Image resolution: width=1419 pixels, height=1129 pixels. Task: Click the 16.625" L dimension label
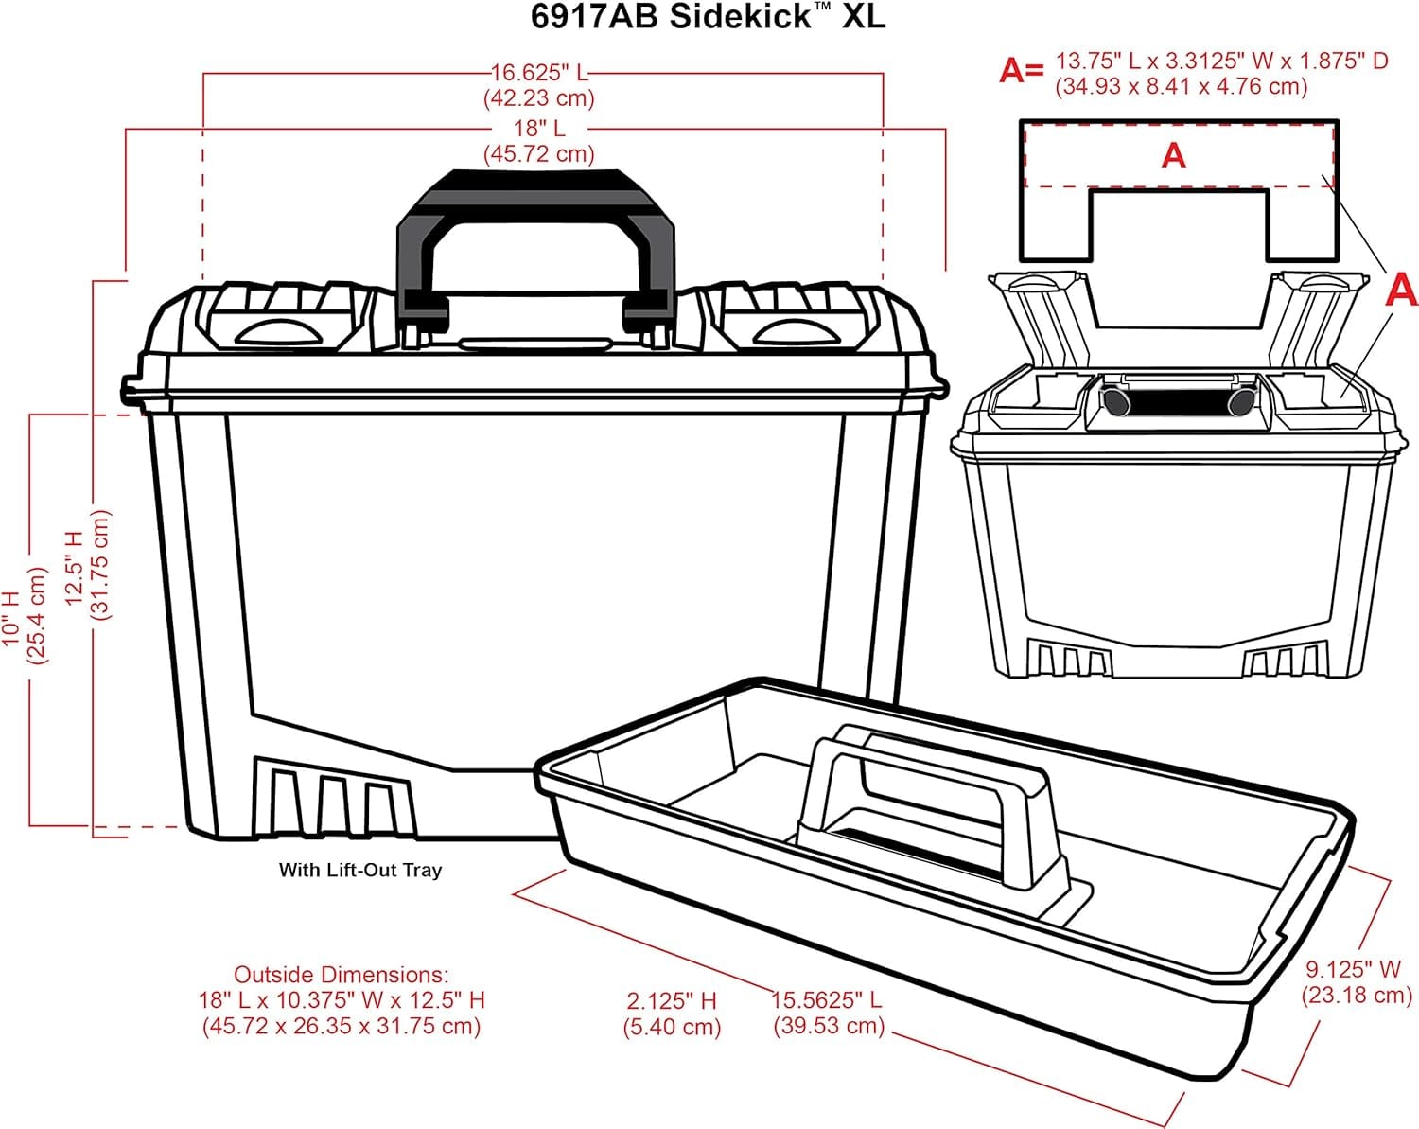coord(539,73)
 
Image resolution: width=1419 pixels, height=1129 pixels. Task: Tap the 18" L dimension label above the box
coord(539,128)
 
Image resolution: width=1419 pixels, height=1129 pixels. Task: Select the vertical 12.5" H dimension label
coord(75,566)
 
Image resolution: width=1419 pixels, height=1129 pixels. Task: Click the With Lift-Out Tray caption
coord(359,870)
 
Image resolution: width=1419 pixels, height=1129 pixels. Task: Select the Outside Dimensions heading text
coord(341,975)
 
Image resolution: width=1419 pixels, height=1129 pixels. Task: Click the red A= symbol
coord(1022,70)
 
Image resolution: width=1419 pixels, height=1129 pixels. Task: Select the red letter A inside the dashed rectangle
coord(1173,155)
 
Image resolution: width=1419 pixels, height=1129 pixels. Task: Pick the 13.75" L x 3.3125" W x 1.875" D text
coord(1222,62)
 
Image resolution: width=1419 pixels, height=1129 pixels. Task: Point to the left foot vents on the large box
coord(331,800)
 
